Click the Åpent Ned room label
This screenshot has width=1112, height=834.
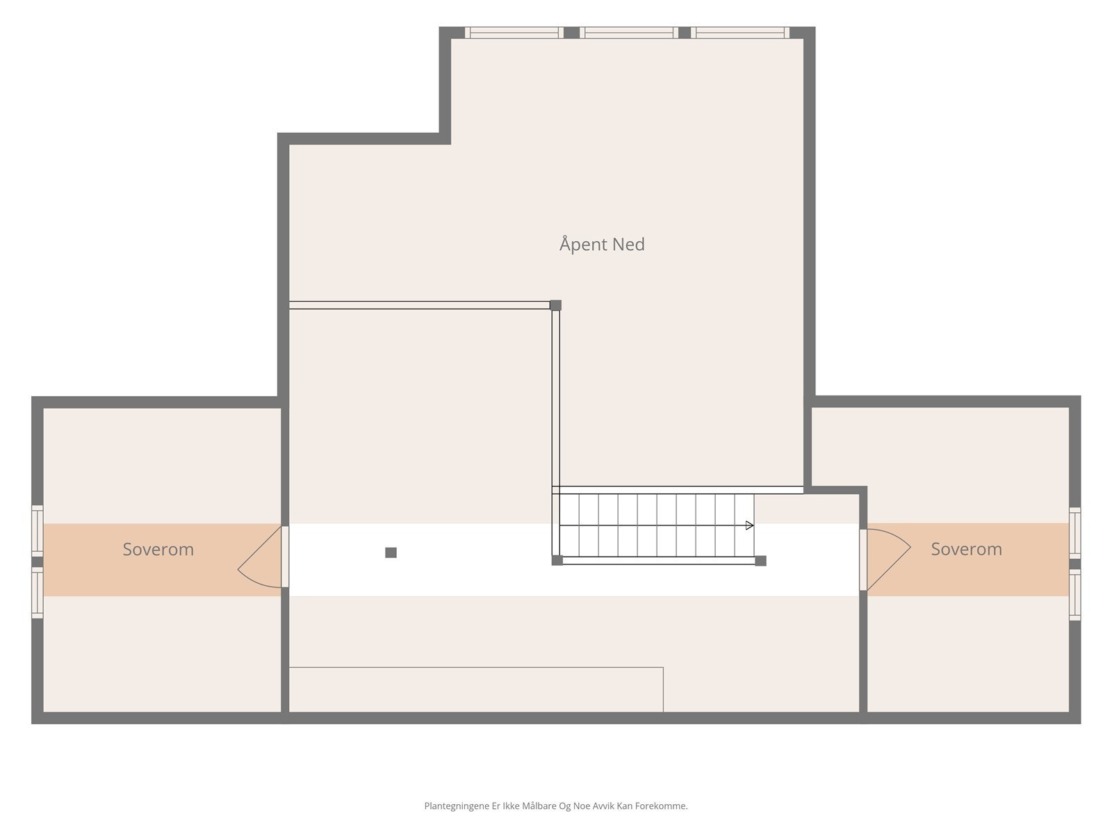pyautogui.click(x=602, y=245)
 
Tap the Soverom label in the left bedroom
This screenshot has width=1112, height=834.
pyautogui.click(x=158, y=549)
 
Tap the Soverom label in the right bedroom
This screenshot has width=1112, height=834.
pyautogui.click(x=966, y=549)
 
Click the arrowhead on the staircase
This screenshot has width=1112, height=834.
pyautogui.click(x=749, y=525)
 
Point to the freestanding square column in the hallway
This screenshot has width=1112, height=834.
pyautogui.click(x=391, y=553)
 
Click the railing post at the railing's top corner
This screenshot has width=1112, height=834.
pyautogui.click(x=555, y=305)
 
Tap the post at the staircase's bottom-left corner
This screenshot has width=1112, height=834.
pyautogui.click(x=557, y=560)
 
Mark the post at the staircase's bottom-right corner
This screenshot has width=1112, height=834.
pyautogui.click(x=760, y=560)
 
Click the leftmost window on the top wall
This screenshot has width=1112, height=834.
pyautogui.click(x=514, y=32)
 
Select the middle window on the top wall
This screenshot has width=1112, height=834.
pyautogui.click(x=628, y=32)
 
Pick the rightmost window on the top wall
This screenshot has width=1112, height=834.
pyautogui.click(x=740, y=32)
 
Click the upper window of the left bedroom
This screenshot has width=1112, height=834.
pyautogui.click(x=37, y=530)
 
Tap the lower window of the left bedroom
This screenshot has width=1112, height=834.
pyautogui.click(x=37, y=593)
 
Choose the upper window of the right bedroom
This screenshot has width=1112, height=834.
pyautogui.click(x=1074, y=532)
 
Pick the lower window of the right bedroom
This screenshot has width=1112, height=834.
pyautogui.click(x=1074, y=595)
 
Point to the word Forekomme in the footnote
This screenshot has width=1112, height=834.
pyautogui.click(x=660, y=806)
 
